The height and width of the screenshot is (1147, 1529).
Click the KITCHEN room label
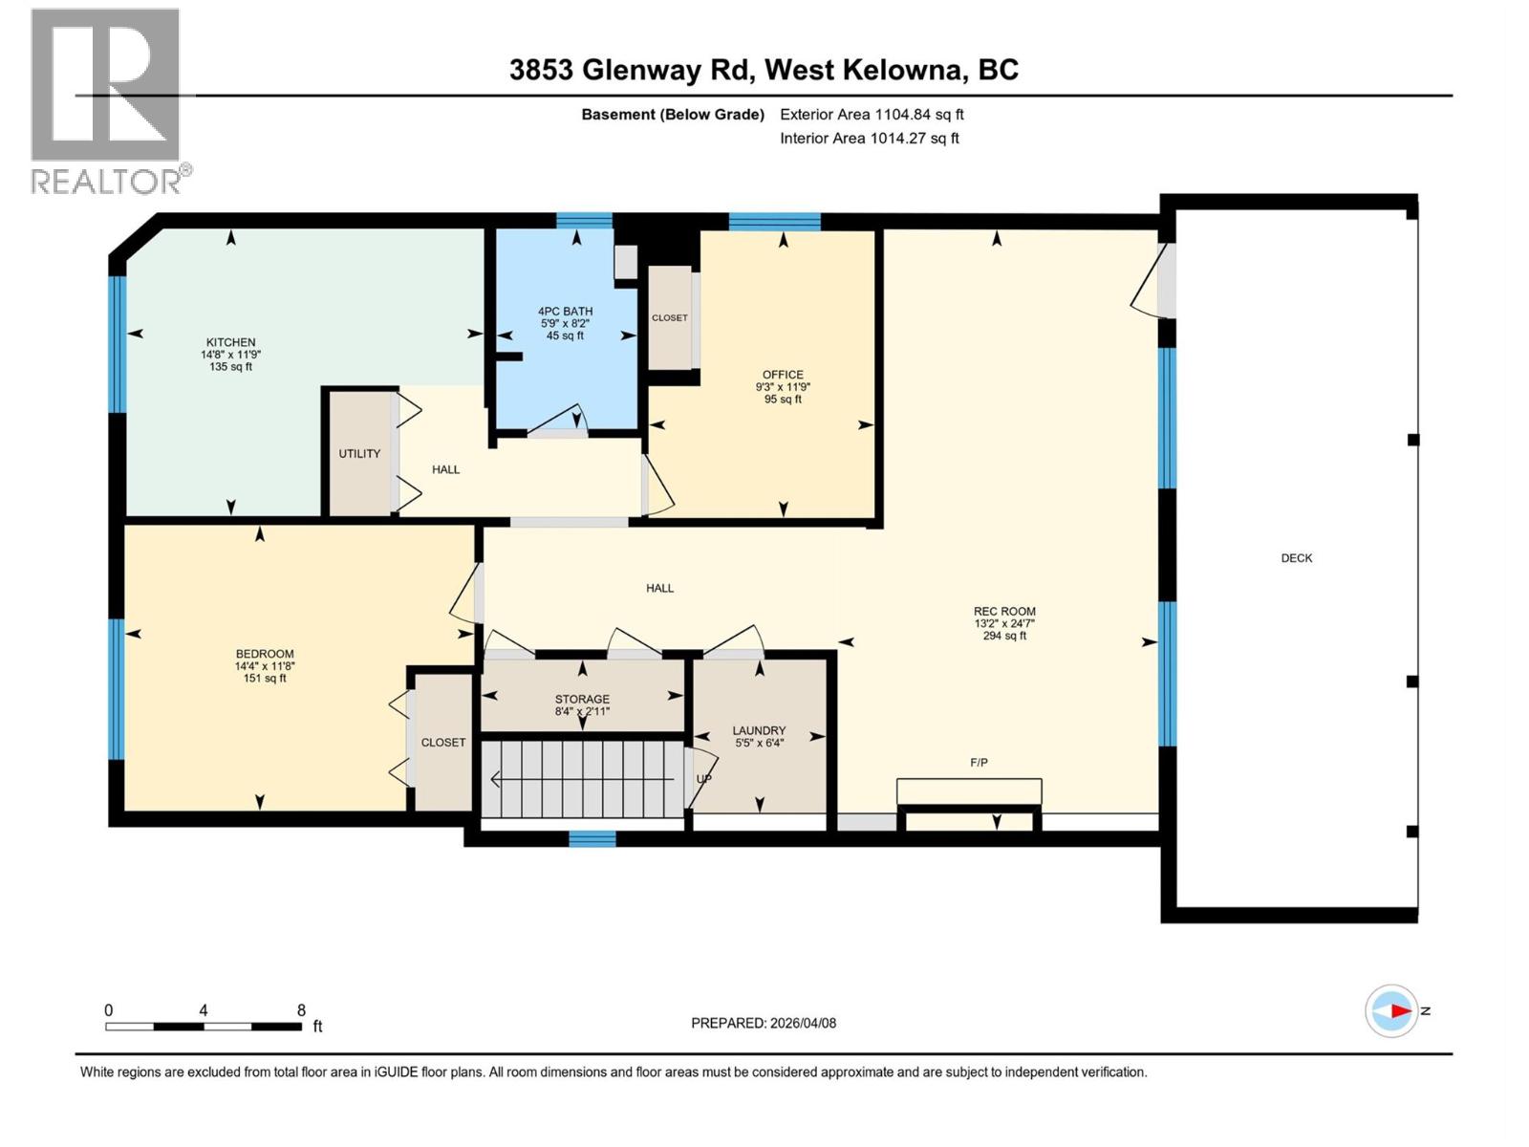point(230,342)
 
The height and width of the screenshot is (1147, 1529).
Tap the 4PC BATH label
point(565,312)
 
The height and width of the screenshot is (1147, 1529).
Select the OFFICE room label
point(783,375)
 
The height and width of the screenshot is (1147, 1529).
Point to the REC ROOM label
point(1004,612)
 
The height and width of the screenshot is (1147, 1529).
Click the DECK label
point(1296,558)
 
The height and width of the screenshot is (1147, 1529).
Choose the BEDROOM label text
point(265,654)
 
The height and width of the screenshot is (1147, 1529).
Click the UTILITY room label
point(359,454)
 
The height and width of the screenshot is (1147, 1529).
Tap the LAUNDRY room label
point(759,730)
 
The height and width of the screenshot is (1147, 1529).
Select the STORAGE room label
point(582,700)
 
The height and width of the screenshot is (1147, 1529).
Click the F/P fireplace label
point(979,763)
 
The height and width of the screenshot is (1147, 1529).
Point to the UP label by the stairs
point(704,779)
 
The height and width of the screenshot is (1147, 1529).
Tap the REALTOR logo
point(106,100)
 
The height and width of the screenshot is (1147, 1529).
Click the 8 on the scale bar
point(301,1010)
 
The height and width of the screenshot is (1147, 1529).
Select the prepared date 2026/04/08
point(801,1023)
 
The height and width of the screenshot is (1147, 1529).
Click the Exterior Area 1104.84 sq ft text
point(871,115)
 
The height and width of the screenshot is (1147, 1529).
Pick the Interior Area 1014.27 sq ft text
point(869,139)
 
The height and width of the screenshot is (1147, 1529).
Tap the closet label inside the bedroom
point(443,743)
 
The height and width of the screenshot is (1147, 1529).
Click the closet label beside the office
point(669,318)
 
